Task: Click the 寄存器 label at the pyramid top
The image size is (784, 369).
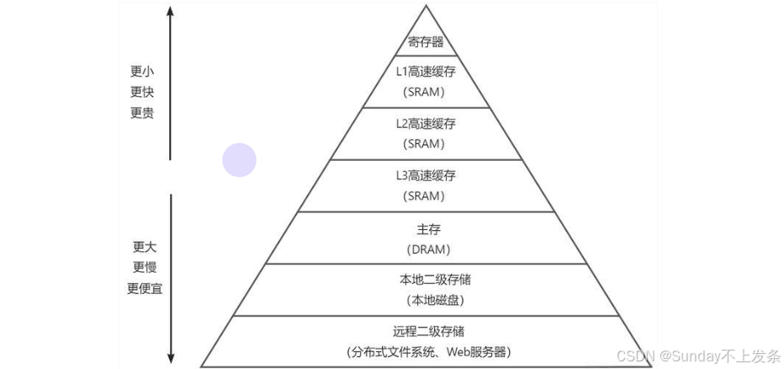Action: tap(426, 41)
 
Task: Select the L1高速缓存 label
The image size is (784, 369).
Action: tap(426, 72)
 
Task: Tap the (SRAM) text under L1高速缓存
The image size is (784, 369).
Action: tap(426, 92)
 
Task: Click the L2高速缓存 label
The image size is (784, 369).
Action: tap(426, 124)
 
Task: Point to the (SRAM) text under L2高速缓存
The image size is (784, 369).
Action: tap(426, 144)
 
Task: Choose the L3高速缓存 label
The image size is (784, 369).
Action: tap(426, 176)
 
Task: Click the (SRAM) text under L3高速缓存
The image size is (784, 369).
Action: tap(426, 196)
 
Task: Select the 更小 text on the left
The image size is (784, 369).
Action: tap(142, 71)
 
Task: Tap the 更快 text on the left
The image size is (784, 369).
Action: tap(142, 92)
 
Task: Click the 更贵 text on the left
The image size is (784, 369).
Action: tap(142, 113)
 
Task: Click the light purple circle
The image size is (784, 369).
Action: tap(239, 160)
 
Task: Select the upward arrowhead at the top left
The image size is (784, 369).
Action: tap(171, 13)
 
